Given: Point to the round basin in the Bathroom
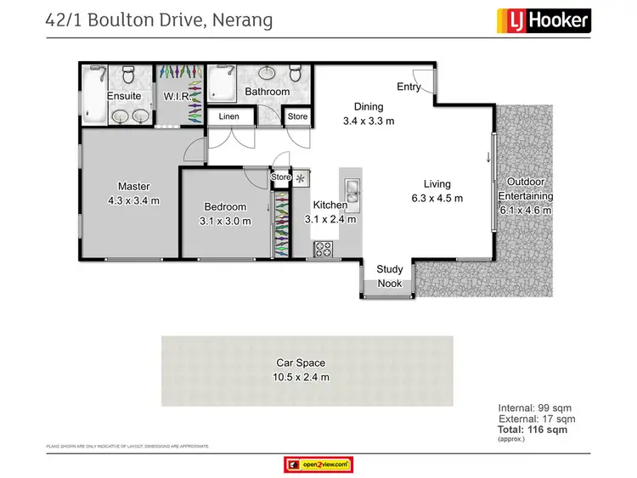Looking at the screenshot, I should [246, 73].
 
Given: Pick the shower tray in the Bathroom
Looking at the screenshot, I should [223, 83].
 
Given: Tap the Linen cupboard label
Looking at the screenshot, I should [228, 116].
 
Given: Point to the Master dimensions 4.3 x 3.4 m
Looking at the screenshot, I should [133, 201].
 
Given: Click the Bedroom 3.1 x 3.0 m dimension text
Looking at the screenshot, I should [225, 221].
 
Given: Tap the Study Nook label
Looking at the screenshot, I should [390, 276].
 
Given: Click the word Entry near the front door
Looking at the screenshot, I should [409, 87].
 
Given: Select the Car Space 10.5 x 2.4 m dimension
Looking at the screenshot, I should [301, 376].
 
